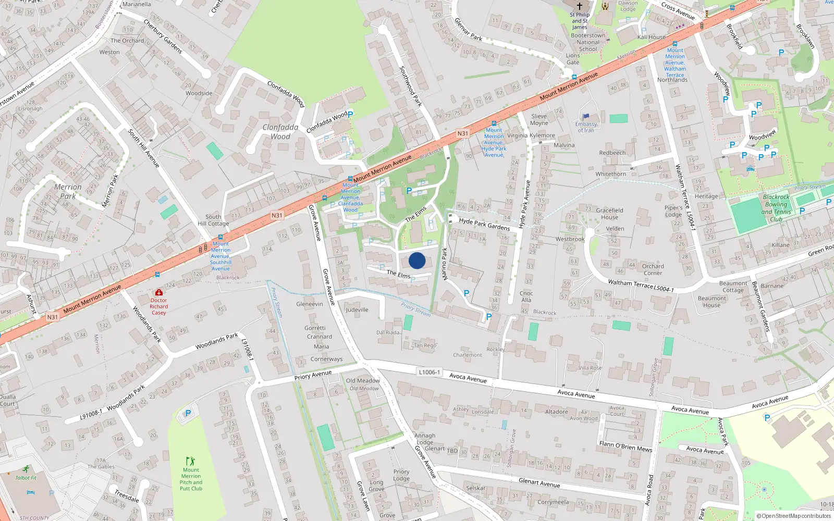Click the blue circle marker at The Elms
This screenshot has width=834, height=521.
pyautogui.click(x=417, y=260)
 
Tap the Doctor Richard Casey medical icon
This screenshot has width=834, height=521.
pyautogui.click(x=159, y=292)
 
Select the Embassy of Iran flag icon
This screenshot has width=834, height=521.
pyautogui.click(x=586, y=117)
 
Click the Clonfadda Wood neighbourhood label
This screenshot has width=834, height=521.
pyautogui.click(x=280, y=132)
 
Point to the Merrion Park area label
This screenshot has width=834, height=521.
pyautogui.click(x=68, y=191)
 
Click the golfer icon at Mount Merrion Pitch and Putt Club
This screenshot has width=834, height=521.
pyautogui.click(x=190, y=461)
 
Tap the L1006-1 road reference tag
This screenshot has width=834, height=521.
pyautogui.click(x=429, y=372)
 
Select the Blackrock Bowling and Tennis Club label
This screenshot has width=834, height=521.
pyautogui.click(x=776, y=208)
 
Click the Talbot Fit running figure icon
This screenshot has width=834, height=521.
pyautogui.click(x=26, y=469)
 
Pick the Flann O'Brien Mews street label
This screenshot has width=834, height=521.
pyautogui.click(x=625, y=446)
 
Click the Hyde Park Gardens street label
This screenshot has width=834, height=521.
pyautogui.click(x=484, y=224)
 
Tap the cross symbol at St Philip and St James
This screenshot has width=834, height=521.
pyautogui.click(x=579, y=6)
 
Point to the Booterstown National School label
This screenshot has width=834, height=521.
pyautogui.click(x=588, y=42)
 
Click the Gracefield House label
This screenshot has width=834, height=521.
pyautogui.click(x=609, y=214)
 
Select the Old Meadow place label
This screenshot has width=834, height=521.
pyautogui.click(x=363, y=380)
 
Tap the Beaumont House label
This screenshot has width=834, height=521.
pyautogui.click(x=712, y=302)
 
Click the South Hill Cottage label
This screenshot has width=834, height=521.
pyautogui.click(x=213, y=220)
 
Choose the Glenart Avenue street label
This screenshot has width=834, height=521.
pyautogui.click(x=539, y=483)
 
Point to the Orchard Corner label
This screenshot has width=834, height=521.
pyautogui.click(x=653, y=269)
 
